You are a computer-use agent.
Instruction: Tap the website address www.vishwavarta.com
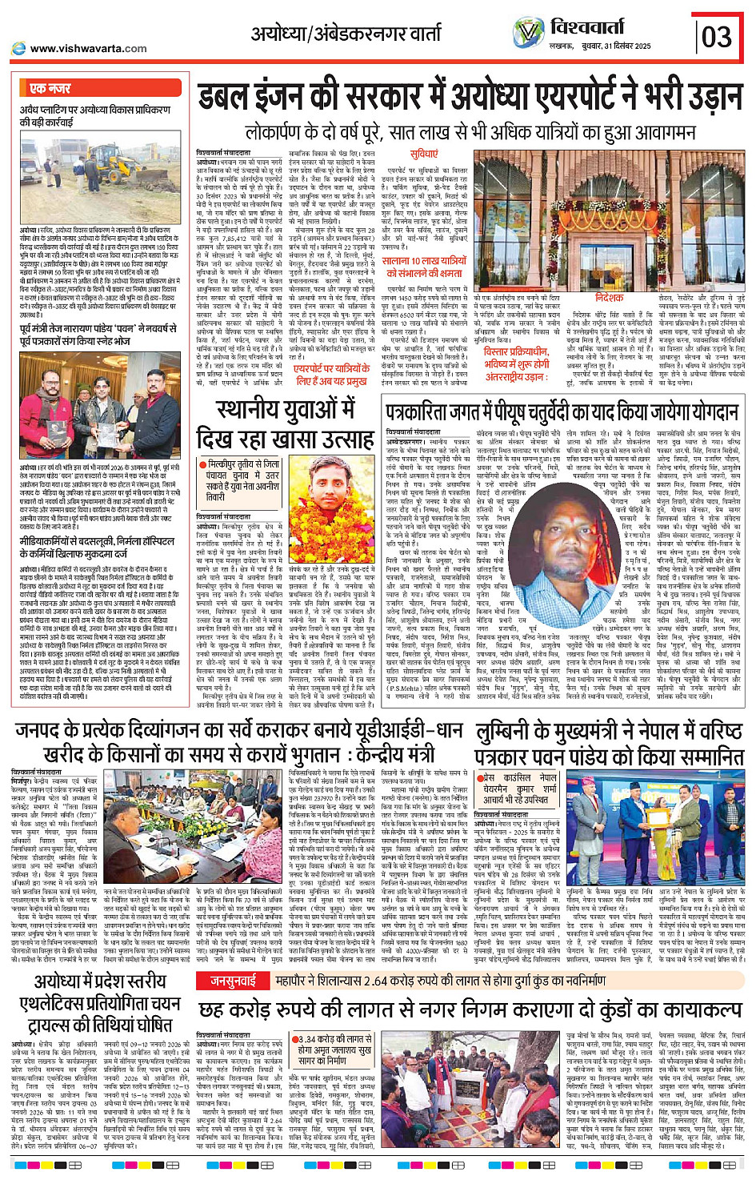point(88,48)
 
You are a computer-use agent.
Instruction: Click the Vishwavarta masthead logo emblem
point(528,33)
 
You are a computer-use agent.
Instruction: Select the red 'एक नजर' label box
point(50,88)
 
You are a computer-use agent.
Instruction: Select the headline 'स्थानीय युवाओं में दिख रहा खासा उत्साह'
point(286,424)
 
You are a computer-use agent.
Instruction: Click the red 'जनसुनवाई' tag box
point(233,980)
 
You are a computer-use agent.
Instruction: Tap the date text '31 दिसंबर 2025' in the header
point(621,46)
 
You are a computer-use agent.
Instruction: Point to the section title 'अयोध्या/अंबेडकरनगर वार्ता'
point(346,34)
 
